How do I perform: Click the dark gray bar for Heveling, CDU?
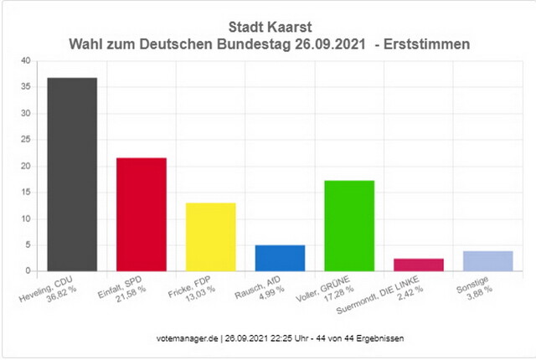point(72,174)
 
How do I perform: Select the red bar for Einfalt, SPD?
point(141,214)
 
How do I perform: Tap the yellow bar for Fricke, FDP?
point(210,237)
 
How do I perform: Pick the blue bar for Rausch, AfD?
point(280,258)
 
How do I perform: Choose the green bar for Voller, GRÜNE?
point(349,226)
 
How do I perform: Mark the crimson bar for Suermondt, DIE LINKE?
point(418,265)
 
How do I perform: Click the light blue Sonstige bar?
point(487,261)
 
